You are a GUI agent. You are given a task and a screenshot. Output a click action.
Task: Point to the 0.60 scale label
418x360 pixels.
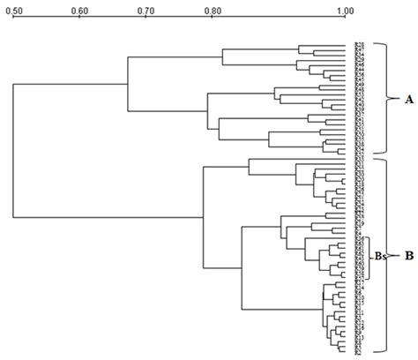tap(79, 11)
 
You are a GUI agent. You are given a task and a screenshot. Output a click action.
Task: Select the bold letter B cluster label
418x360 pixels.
tap(408, 257)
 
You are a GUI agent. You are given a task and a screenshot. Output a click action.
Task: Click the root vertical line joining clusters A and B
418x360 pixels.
tap(13, 150)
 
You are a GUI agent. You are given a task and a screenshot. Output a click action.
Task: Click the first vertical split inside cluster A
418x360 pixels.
tap(129, 83)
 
